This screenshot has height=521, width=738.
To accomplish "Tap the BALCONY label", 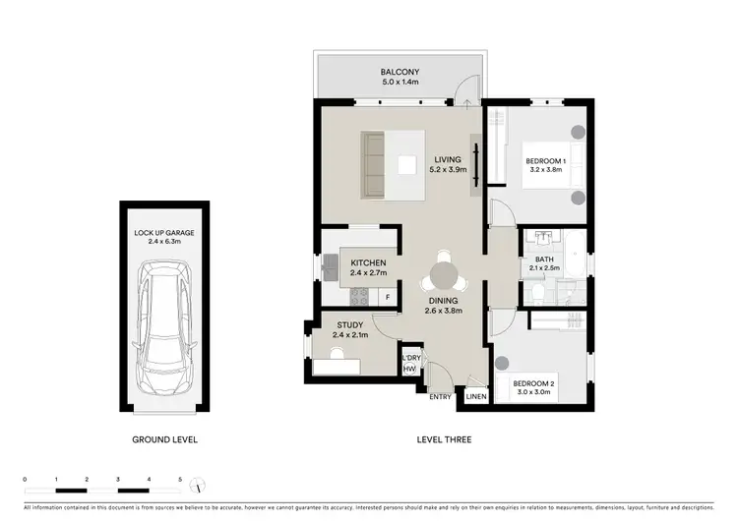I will [x=400, y=72].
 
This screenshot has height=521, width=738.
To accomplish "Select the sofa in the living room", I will [x=374, y=154].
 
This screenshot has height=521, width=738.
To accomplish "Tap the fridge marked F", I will [x=388, y=296].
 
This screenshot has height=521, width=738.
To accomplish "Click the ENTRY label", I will [x=440, y=396].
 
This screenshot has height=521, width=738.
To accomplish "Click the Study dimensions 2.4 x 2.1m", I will [x=349, y=335].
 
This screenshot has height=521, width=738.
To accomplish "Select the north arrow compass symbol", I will [x=200, y=487].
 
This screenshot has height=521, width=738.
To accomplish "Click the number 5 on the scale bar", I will [x=180, y=479].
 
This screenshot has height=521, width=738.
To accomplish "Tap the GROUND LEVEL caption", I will [x=164, y=439].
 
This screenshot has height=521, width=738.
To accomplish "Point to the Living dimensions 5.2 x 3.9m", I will [x=448, y=169].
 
